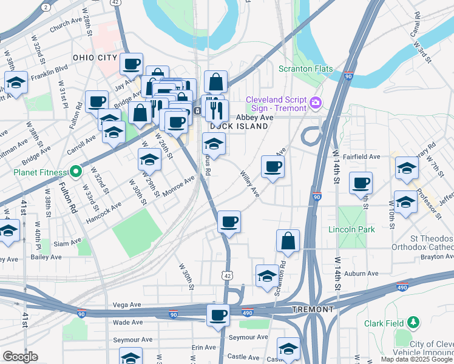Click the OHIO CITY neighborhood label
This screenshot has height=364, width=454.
pos(94,57)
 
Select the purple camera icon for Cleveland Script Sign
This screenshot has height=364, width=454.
pos(315,103)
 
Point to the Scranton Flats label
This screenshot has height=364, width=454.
pos(305,69)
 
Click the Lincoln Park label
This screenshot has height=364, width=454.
pos(351,229)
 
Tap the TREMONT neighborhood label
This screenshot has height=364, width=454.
pos(312,309)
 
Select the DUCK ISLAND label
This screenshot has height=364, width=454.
pos(239,126)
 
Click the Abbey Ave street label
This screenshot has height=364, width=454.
pos(254,117)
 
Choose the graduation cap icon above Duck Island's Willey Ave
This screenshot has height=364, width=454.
pos(213,144)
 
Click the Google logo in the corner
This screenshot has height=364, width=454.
pos(20,357)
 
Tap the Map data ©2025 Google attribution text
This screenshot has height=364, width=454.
pos(416,359)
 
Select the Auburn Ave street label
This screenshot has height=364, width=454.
pos(361,274)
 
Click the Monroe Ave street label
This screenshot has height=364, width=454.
pos(178,187)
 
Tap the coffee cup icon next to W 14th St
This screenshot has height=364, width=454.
pos(361,183)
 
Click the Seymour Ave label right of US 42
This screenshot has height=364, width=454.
pos(248,337)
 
